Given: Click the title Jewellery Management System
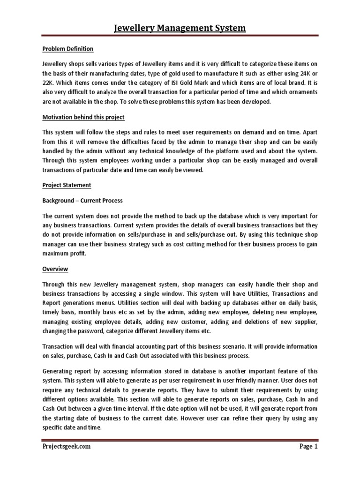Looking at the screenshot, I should click(180, 29).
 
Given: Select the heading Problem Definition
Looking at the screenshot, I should click(68, 49).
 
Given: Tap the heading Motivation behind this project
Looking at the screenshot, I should click(83, 117).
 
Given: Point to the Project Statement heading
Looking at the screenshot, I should click(67, 185).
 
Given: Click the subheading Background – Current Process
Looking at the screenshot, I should click(82, 201).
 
